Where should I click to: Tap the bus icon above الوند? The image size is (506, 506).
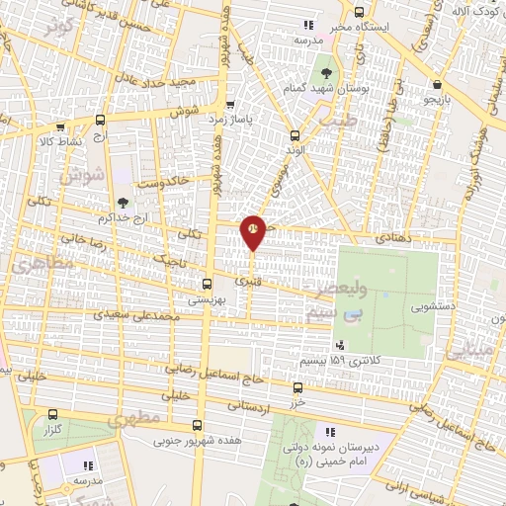293,135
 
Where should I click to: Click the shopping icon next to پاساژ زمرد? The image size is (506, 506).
230,105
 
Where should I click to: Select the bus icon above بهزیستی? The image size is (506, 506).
206,283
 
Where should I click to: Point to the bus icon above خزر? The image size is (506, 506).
297,388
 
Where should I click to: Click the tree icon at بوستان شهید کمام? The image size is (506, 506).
324,72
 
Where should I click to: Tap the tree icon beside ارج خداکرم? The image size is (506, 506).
122,202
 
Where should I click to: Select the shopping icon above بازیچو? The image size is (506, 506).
437,86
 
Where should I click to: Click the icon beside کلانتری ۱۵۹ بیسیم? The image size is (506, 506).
341,345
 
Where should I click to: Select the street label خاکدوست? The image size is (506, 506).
163,182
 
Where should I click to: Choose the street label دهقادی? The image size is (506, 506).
400,238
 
